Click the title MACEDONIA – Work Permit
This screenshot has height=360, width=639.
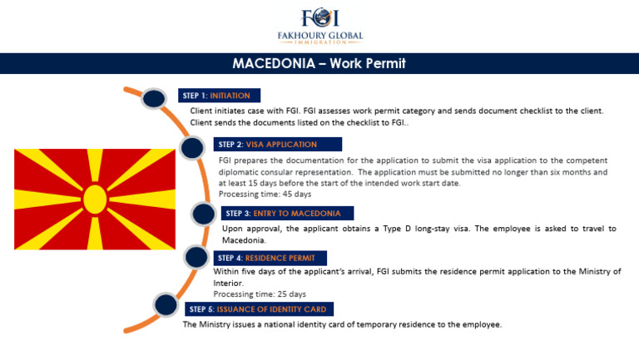(x=319, y=63)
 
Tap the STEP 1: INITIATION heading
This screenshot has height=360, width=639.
(x=219, y=96)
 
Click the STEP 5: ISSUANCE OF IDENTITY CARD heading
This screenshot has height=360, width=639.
(x=259, y=309)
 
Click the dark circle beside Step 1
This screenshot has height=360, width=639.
(x=153, y=99)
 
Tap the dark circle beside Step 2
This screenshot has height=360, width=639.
(x=191, y=148)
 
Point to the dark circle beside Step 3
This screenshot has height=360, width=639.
(x=203, y=215)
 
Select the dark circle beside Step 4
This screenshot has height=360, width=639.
(x=196, y=257)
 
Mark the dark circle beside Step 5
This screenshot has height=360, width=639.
(x=166, y=304)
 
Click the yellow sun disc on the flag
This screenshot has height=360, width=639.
(x=94, y=197)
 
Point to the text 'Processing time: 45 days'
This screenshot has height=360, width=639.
(x=265, y=194)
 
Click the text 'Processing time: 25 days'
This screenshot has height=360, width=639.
(x=260, y=293)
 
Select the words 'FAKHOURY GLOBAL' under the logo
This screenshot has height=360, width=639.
(x=319, y=36)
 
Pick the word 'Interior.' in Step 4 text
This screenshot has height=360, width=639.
(x=229, y=283)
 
